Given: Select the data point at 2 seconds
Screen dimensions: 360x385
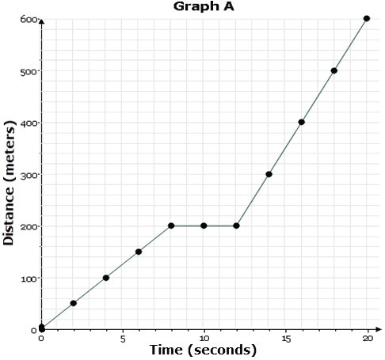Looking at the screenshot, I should coord(74,303).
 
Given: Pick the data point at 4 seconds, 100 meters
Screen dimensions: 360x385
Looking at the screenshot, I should coord(106,278).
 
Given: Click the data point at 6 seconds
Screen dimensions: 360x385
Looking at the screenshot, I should coord(139,252).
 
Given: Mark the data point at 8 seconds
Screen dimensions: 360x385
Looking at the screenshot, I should coord(171,225).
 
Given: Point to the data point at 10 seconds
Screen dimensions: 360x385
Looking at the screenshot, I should coord(204,225).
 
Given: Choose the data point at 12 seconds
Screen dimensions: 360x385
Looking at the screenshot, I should coord(236,225).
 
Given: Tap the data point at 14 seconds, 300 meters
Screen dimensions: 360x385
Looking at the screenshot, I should coord(269,174).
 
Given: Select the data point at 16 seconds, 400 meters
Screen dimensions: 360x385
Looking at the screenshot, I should coord(302,122).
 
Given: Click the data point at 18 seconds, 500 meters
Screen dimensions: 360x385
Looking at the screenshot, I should coord(334,70).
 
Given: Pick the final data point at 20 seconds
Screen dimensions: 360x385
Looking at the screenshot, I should coord(367,18).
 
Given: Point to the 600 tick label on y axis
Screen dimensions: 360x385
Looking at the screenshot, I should coord(29,19).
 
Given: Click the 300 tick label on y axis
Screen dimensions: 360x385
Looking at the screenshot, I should coord(29,175).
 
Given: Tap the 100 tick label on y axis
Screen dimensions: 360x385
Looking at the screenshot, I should coord(29,279).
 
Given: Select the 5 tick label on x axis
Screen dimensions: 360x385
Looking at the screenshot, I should coord(123,338).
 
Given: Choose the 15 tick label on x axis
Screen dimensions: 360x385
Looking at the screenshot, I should coord(285,338).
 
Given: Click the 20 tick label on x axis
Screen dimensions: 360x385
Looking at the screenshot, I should coord(367,338).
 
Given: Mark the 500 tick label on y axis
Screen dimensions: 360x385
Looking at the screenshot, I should coord(29,71).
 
